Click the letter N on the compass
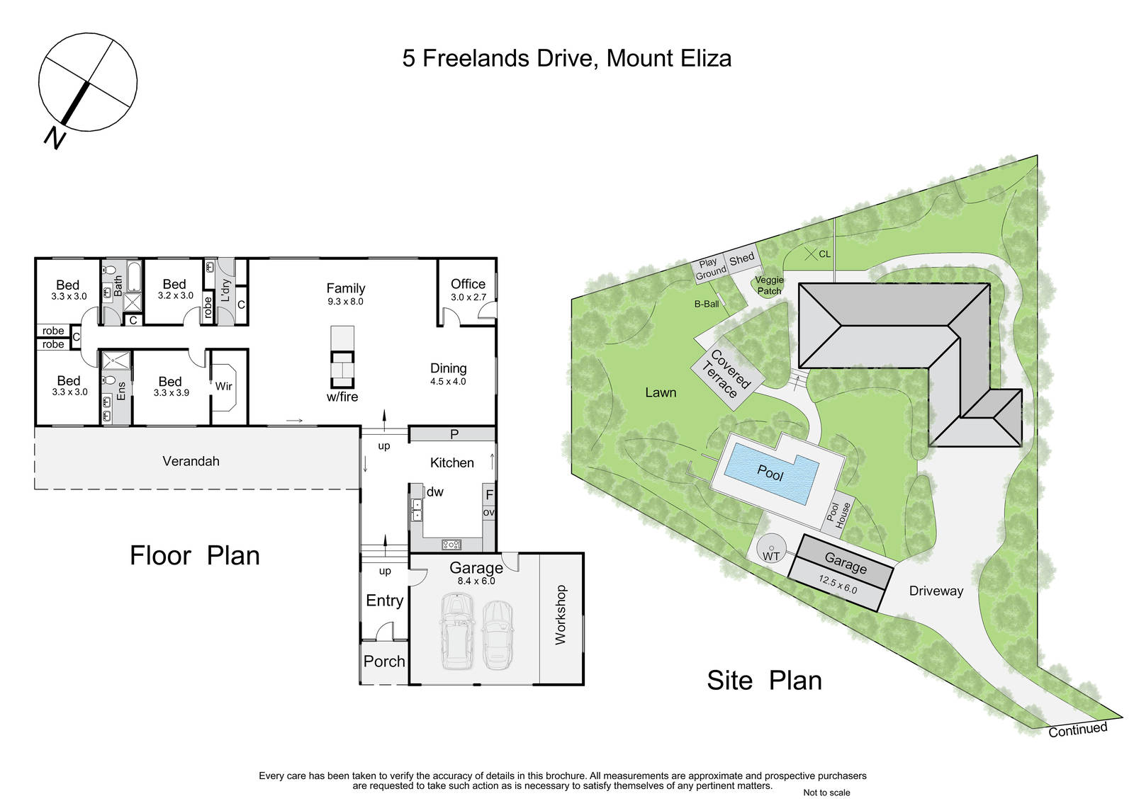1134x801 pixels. [x=55, y=137]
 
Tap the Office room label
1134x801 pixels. [x=468, y=284]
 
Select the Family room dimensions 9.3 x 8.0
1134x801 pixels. [x=345, y=302]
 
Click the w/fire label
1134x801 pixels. [x=342, y=397]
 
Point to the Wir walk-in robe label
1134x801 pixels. [x=223, y=386]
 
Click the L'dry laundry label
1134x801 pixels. [x=226, y=290]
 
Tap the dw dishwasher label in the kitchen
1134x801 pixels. [x=435, y=492]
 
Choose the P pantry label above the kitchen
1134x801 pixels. [x=454, y=434]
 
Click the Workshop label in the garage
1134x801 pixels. [x=561, y=615]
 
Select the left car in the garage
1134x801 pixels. [x=458, y=630]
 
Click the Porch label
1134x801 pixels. [x=384, y=661]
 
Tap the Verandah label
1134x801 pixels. [x=191, y=461]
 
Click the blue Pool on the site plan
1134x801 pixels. [x=772, y=474]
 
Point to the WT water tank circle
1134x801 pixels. [x=772, y=548]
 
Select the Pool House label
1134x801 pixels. [x=836, y=514]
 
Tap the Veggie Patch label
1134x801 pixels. [x=770, y=285]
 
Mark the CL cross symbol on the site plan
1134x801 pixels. [x=811, y=254]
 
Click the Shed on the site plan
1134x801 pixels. [x=741, y=259]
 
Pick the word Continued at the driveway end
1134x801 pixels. [x=1078, y=729]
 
